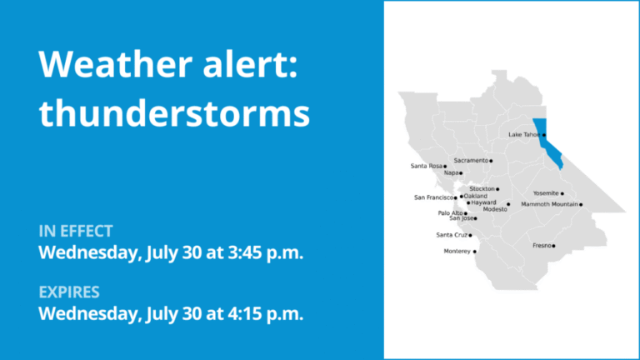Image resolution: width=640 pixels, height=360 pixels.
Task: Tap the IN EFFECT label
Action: (76, 231)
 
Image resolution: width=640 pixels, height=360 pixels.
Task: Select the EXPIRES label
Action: (69, 292)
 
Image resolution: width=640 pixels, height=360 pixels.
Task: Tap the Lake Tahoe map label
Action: (524, 134)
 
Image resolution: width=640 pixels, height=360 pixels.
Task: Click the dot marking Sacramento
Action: (491, 161)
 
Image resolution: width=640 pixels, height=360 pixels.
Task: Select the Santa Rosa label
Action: (426, 166)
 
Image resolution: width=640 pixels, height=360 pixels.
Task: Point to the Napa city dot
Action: (461, 173)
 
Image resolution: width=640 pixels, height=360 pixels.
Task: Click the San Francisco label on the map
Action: (433, 197)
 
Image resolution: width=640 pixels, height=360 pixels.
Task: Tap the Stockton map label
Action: (482, 188)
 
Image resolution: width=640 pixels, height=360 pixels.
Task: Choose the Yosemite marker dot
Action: (562, 194)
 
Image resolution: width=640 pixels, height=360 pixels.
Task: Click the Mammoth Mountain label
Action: (549, 204)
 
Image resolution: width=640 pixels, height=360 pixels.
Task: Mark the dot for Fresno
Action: (553, 246)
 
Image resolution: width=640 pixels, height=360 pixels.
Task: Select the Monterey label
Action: (457, 251)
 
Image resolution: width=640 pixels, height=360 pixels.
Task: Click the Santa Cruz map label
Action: (452, 235)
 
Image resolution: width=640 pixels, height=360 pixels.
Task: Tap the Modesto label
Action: (495, 209)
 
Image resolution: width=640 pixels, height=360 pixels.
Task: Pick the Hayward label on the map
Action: (483, 202)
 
